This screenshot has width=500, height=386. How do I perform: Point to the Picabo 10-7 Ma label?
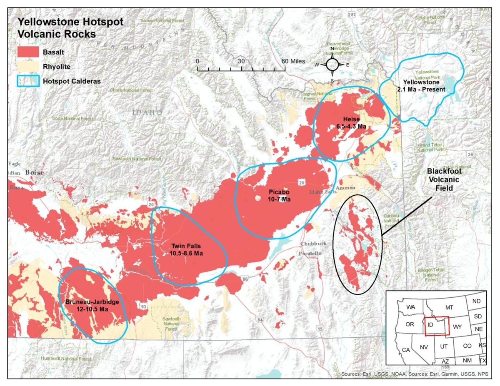[279, 196]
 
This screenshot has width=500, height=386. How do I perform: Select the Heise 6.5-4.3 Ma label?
[351, 122]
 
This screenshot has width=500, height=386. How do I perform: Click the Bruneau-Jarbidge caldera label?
[92, 305]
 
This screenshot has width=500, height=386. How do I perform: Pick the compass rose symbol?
[332, 65]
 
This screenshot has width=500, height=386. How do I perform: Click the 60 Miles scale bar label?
[292, 61]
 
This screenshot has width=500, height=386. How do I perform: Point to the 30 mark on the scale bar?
[241, 61]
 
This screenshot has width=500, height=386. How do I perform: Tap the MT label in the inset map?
[449, 307]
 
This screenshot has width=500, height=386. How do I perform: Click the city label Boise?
[34, 172]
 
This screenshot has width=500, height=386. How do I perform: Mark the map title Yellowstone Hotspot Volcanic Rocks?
[70, 28]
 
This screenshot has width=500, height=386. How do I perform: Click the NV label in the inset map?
[424, 347]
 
